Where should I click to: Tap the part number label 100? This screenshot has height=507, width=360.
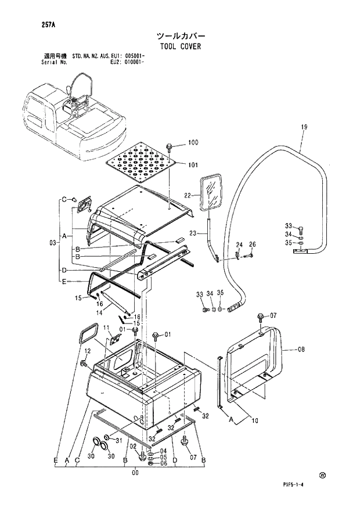click(193, 143)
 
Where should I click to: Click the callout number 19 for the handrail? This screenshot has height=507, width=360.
click(304, 127)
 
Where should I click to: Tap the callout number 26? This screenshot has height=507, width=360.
click(252, 244)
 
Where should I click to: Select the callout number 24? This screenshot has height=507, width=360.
click(238, 244)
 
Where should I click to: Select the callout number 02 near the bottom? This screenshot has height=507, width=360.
click(133, 445)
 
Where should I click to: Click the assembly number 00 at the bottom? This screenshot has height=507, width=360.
click(135, 472)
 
